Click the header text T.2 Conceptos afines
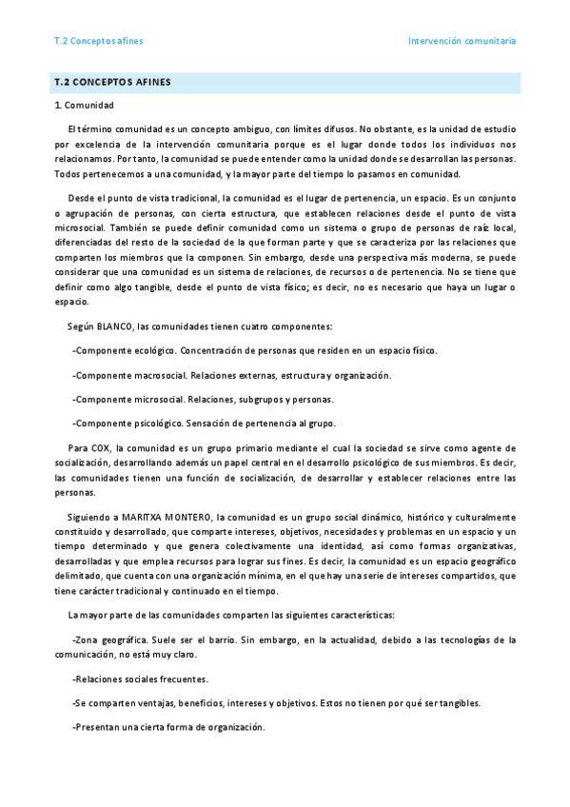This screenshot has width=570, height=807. [99, 42]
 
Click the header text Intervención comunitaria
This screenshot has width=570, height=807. [462, 42]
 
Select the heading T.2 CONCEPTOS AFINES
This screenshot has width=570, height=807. [113, 82]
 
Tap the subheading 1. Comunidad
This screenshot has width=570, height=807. [85, 105]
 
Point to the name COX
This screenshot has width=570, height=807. [101, 447]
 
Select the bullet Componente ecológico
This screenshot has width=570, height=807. [125, 350]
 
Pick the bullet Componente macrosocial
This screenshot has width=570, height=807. [129, 375]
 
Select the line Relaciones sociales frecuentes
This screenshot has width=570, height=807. [140, 679]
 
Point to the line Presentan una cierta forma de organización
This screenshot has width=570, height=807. [168, 727]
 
